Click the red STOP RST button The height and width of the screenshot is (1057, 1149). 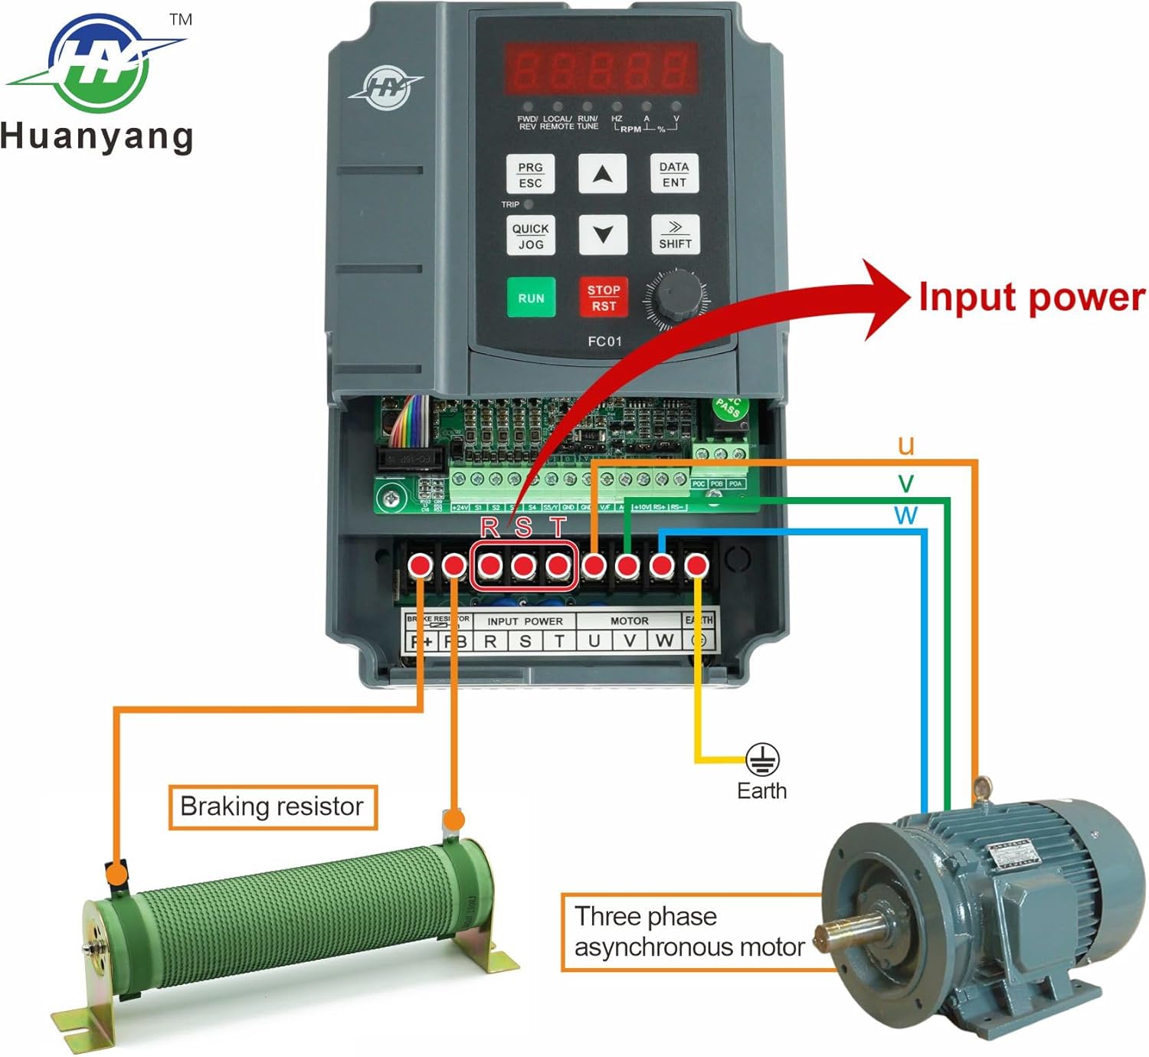[603, 298]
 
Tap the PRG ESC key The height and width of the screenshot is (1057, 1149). [530, 175]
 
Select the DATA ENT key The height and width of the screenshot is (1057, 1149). [674, 174]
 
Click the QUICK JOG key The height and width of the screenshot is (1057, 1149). [530, 236]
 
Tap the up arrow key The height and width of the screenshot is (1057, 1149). [602, 174]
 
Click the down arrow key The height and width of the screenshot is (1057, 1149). [602, 234]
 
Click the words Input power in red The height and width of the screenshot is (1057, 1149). [1031, 297]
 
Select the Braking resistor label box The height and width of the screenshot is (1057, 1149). [273, 807]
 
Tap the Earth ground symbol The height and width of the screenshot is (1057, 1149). [762, 759]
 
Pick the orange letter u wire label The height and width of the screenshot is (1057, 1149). [906, 445]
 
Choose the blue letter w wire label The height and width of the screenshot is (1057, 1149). [905, 514]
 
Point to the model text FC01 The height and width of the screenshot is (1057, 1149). [604, 342]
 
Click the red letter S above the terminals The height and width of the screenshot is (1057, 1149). [523, 527]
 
